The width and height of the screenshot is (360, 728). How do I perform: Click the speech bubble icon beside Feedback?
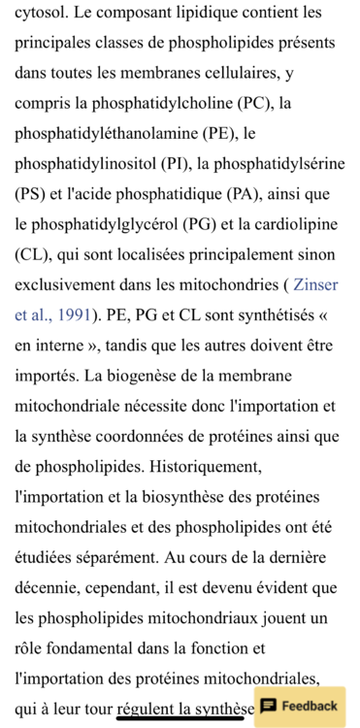(x=269, y=705)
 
